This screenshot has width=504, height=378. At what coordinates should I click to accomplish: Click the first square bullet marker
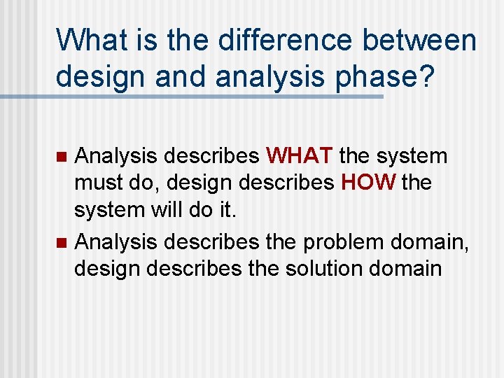tap(61, 155)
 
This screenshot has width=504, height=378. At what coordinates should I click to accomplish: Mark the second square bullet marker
tap(61, 242)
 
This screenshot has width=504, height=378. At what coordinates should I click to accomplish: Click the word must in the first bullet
tap(98, 183)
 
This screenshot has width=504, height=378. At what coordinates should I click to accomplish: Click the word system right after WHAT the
tap(411, 154)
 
